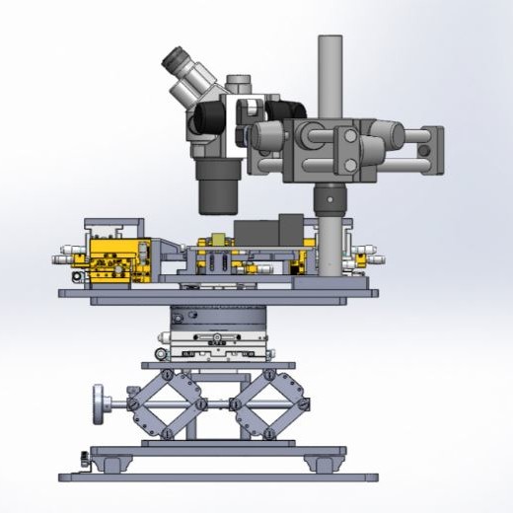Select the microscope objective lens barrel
[218, 187]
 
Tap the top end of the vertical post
[330, 41]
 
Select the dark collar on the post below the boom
[330, 199]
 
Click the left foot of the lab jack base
[109, 463]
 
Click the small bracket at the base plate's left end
[79, 458]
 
